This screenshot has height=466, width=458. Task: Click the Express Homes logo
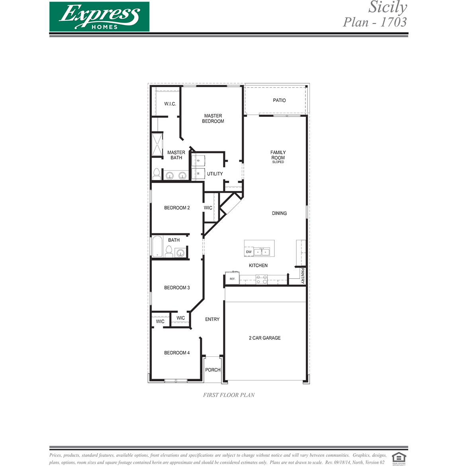(99, 17)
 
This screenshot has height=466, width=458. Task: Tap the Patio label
(279, 100)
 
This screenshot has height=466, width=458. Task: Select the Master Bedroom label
(213, 118)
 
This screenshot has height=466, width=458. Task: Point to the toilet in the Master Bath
(157, 174)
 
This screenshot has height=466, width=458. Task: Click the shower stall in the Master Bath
(157, 145)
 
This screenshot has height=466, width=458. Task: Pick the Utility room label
(215, 174)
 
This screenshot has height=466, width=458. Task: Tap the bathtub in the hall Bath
(157, 247)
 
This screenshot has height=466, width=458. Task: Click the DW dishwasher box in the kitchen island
(249, 252)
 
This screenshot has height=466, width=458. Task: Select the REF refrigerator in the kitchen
(232, 279)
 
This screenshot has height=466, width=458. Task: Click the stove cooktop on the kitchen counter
(262, 280)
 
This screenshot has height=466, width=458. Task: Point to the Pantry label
(303, 276)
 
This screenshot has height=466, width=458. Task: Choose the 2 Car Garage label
(265, 338)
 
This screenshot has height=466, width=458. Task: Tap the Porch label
(213, 370)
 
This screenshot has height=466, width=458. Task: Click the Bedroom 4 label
(177, 352)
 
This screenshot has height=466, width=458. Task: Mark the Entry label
(212, 319)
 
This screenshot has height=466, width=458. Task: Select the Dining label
(279, 213)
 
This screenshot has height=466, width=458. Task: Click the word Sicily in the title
(388, 7)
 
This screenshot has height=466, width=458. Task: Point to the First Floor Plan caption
(229, 395)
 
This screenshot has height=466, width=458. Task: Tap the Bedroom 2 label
(177, 208)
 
